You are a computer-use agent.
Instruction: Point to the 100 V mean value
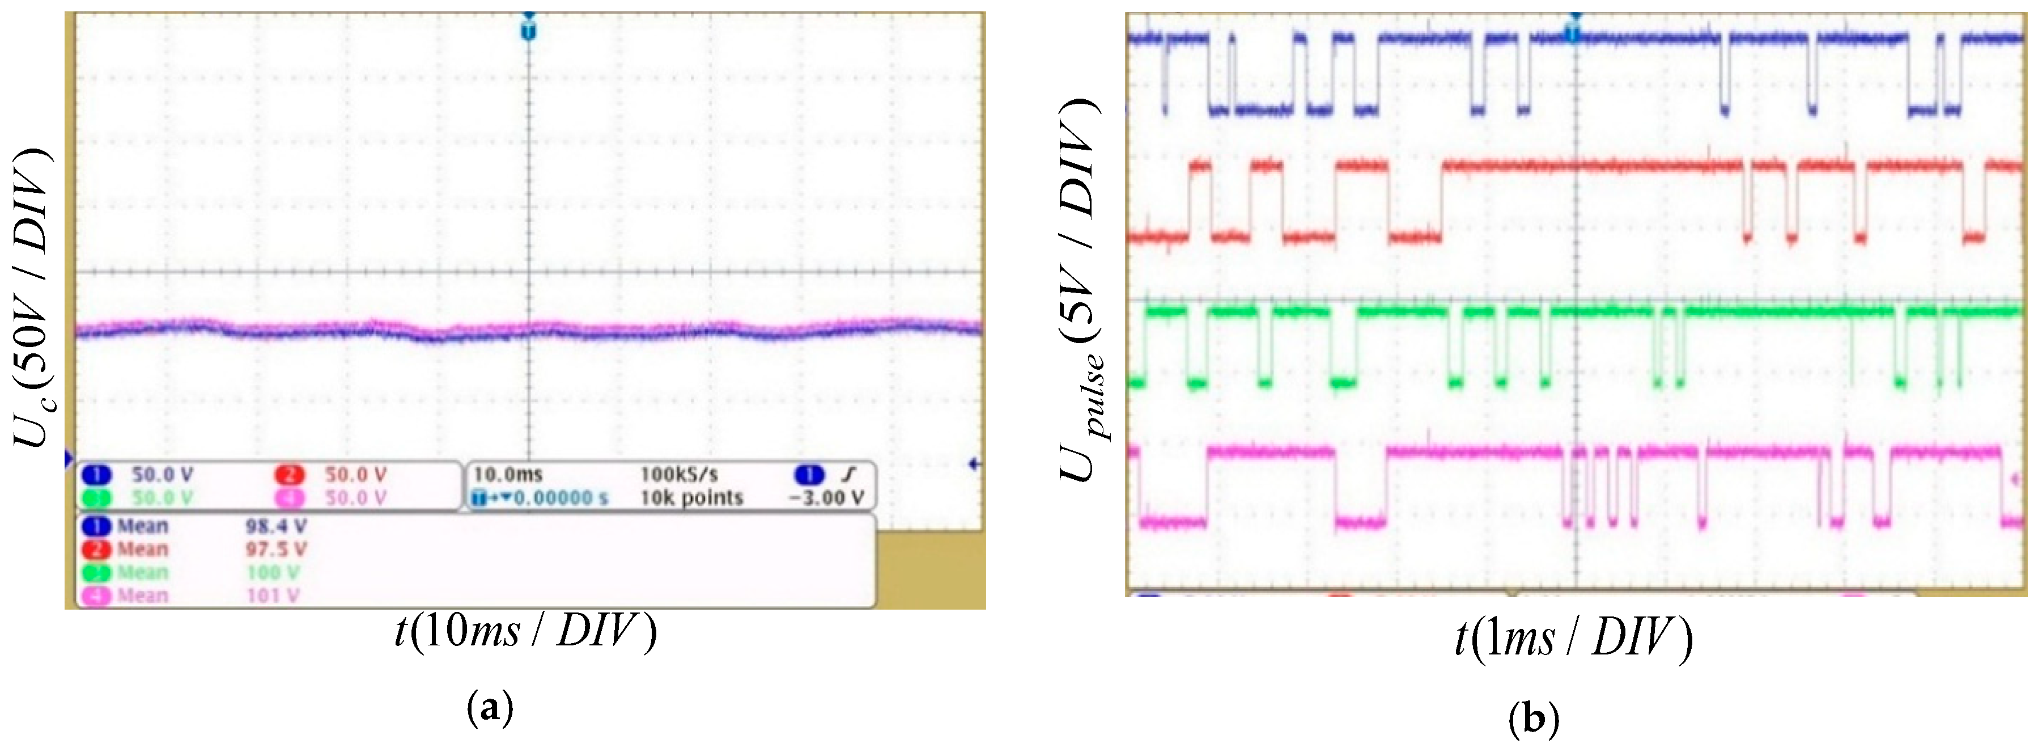tap(271, 572)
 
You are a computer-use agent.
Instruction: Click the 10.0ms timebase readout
tap(507, 474)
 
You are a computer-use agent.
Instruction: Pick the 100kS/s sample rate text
tap(679, 474)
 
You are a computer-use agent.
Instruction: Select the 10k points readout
tap(691, 498)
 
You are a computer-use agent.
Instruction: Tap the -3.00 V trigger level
tap(826, 498)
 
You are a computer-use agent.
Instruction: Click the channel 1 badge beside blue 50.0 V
tap(96, 475)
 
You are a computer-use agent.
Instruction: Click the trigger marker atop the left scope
tap(529, 30)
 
